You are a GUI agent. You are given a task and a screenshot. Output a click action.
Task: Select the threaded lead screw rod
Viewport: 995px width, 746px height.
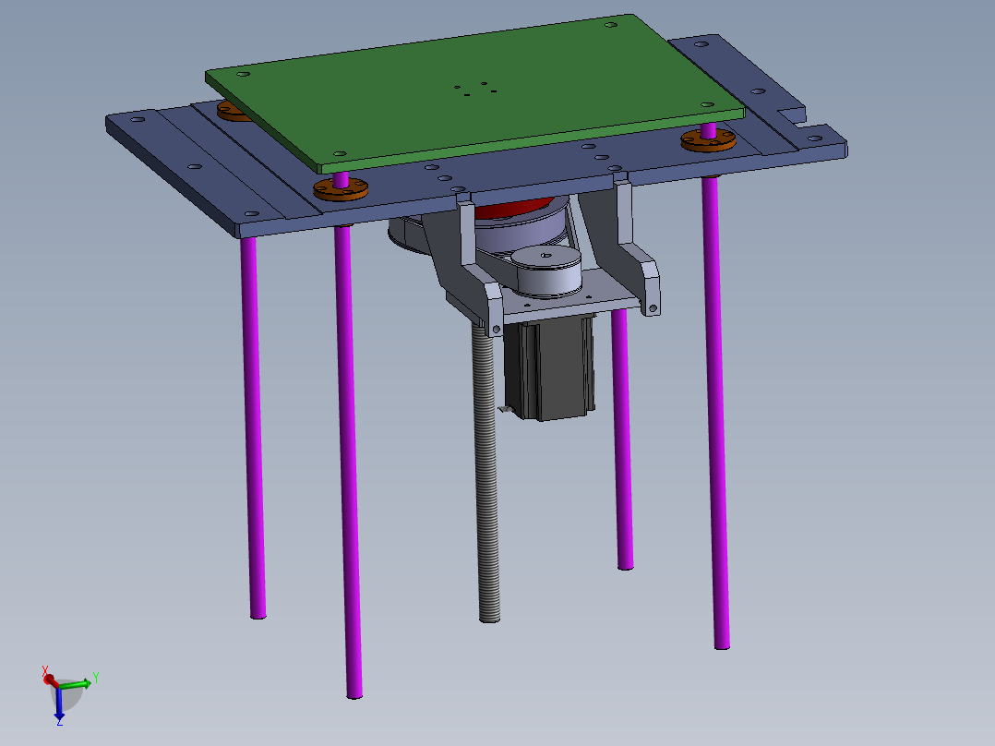click(487, 480)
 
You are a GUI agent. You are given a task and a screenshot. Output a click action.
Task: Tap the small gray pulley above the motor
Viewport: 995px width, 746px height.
click(546, 270)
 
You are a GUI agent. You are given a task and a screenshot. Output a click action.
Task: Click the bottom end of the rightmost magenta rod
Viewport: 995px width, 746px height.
click(722, 643)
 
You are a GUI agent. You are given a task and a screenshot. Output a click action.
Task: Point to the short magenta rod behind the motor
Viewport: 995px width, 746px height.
click(623, 443)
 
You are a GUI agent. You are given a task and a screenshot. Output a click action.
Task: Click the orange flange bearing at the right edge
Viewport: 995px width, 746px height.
click(708, 140)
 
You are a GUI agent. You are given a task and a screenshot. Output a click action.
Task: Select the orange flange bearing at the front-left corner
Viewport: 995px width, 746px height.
click(341, 189)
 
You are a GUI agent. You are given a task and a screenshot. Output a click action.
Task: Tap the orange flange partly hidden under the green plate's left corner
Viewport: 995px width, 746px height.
click(233, 112)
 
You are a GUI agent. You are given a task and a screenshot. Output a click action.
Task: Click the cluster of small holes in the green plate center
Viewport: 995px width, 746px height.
click(475, 89)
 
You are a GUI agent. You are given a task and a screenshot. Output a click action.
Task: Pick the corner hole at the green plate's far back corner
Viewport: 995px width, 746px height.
click(610, 25)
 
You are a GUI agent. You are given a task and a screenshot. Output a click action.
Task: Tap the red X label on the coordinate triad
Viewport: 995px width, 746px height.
click(45, 669)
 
